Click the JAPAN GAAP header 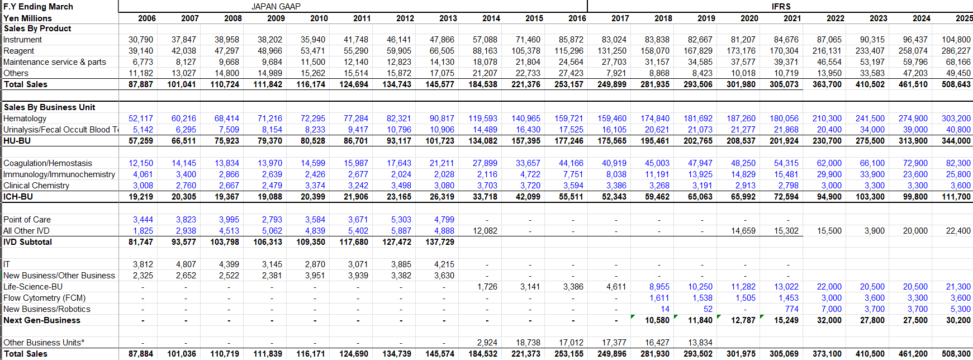tap(276, 6)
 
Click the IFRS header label tap(781, 6)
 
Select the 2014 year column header tap(491, 18)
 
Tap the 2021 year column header tap(792, 18)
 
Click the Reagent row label tap(18, 51)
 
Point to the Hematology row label tap(25, 119)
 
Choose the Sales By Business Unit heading tap(49, 107)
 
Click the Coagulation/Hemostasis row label tap(48, 163)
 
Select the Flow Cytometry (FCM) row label tap(44, 298)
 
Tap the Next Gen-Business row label tap(42, 320)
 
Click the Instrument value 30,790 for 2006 tap(140, 40)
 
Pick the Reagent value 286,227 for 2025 tap(956, 51)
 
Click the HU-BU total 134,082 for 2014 tap(483, 141)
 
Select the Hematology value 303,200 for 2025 tap(956, 119)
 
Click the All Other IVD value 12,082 tap(485, 231)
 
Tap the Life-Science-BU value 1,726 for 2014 tap(487, 287)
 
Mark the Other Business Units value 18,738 tap(528, 343)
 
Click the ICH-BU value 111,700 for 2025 tap(956, 197)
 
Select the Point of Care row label tap(27, 220)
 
